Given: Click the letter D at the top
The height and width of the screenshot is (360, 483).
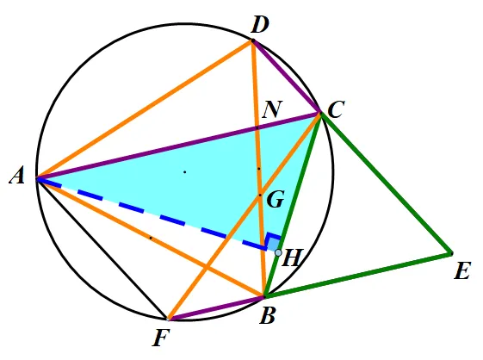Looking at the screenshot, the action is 260,25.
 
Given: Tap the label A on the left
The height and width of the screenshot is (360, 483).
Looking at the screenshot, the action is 17,177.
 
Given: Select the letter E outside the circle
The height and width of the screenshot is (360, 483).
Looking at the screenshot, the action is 462,271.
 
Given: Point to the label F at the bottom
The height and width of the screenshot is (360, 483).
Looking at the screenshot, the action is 161,338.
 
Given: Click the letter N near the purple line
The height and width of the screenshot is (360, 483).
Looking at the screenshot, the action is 272,109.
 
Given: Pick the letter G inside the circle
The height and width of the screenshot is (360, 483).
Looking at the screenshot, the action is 276,200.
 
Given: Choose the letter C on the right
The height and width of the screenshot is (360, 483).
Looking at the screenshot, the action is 336,109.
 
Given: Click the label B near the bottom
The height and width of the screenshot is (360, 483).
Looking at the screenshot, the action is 267,316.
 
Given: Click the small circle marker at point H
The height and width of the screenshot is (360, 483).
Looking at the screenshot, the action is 278,253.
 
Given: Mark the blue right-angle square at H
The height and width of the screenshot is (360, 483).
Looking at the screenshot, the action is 274,242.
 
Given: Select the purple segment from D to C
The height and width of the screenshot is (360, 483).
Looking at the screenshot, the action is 287,77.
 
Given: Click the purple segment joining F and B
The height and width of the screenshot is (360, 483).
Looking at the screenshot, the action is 216,308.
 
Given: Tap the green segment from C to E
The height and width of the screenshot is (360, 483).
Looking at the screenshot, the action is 387,183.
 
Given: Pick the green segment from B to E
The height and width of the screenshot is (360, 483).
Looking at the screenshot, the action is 358,275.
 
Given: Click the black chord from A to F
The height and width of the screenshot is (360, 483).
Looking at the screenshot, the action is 102,249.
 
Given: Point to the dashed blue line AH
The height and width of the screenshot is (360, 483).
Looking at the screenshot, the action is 152,214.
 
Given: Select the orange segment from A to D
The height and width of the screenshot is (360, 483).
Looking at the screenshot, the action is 145,109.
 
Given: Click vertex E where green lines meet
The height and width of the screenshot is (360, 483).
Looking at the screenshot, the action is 451,254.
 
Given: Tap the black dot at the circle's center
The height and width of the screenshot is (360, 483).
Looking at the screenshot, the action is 185,172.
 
